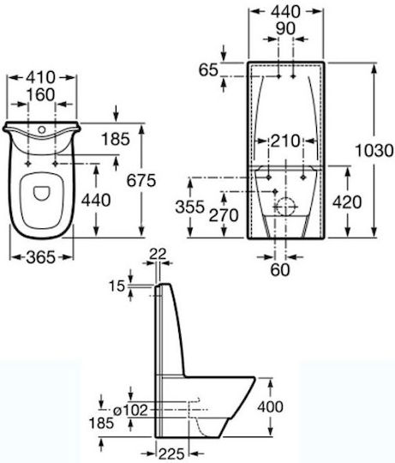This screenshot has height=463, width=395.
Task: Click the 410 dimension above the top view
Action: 41,77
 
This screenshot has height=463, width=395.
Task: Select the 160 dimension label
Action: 41,95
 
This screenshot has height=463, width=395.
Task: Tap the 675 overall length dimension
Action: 141,180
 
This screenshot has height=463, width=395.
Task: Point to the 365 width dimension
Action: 41,257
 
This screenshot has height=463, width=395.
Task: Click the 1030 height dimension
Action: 374,150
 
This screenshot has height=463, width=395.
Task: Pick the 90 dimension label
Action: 285,28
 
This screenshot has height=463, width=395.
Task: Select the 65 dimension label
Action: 208,70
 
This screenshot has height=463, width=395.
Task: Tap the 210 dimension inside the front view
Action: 285,141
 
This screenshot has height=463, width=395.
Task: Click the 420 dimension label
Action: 347,202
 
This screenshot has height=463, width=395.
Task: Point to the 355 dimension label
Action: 190,207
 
